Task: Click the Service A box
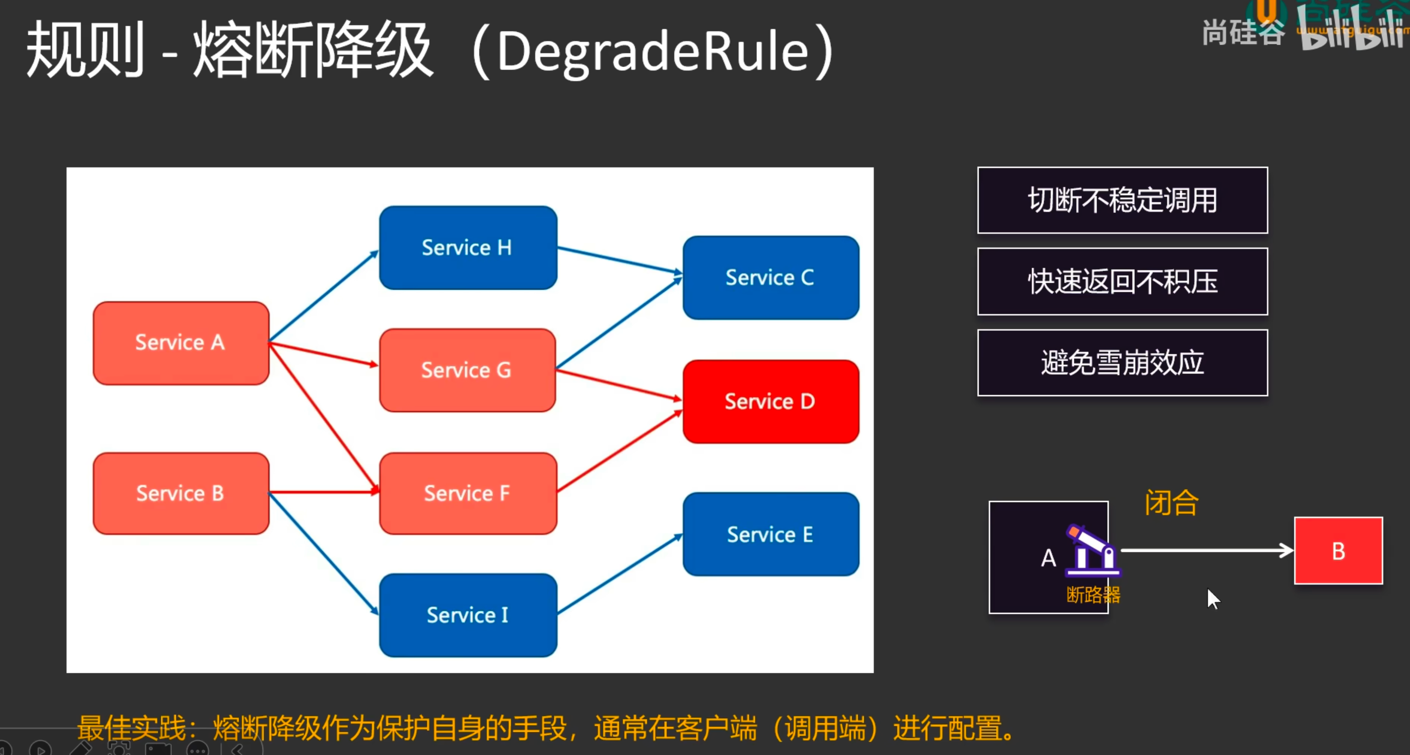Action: coord(180,343)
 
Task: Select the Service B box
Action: coord(180,493)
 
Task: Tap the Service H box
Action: coord(468,247)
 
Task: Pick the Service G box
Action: coord(467,370)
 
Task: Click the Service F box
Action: coord(468,493)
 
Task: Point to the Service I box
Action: coord(468,615)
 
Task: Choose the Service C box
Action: coord(771,278)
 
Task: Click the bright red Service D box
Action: coord(771,401)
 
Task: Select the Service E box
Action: coord(771,534)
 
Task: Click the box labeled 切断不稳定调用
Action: coord(1122,201)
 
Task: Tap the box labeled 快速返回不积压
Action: coord(1122,281)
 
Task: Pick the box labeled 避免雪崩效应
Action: coord(1122,362)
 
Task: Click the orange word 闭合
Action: coord(1171,502)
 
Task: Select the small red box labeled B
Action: coord(1338,551)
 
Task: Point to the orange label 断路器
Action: coord(1093,595)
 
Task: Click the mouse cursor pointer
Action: coord(1213,598)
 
